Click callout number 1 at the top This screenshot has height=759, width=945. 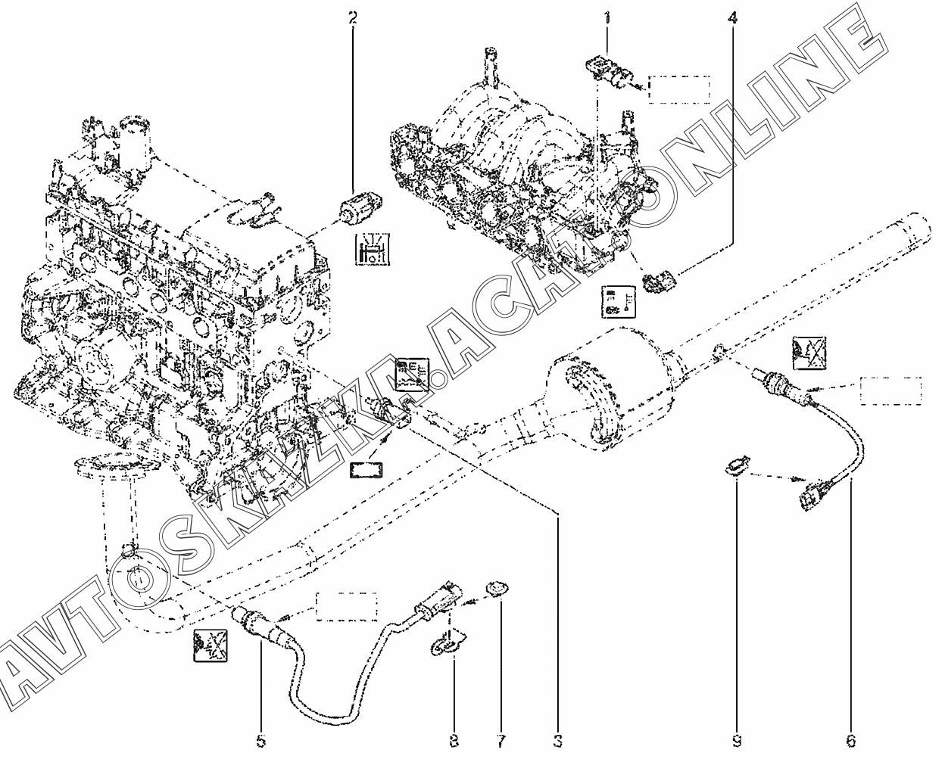607,18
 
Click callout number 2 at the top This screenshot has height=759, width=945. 353,18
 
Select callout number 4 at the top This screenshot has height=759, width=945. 732,18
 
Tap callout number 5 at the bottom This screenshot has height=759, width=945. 260,742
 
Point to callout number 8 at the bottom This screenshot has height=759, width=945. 454,742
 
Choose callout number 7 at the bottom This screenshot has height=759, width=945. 501,742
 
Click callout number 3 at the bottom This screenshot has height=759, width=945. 558,742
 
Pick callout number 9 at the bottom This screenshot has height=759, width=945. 737,742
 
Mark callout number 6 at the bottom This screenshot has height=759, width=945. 850,742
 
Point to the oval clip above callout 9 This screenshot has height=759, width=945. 737,465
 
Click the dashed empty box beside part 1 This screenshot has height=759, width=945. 679,89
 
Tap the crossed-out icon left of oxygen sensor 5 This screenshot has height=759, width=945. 211,645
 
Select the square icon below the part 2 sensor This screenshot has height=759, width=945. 372,249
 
